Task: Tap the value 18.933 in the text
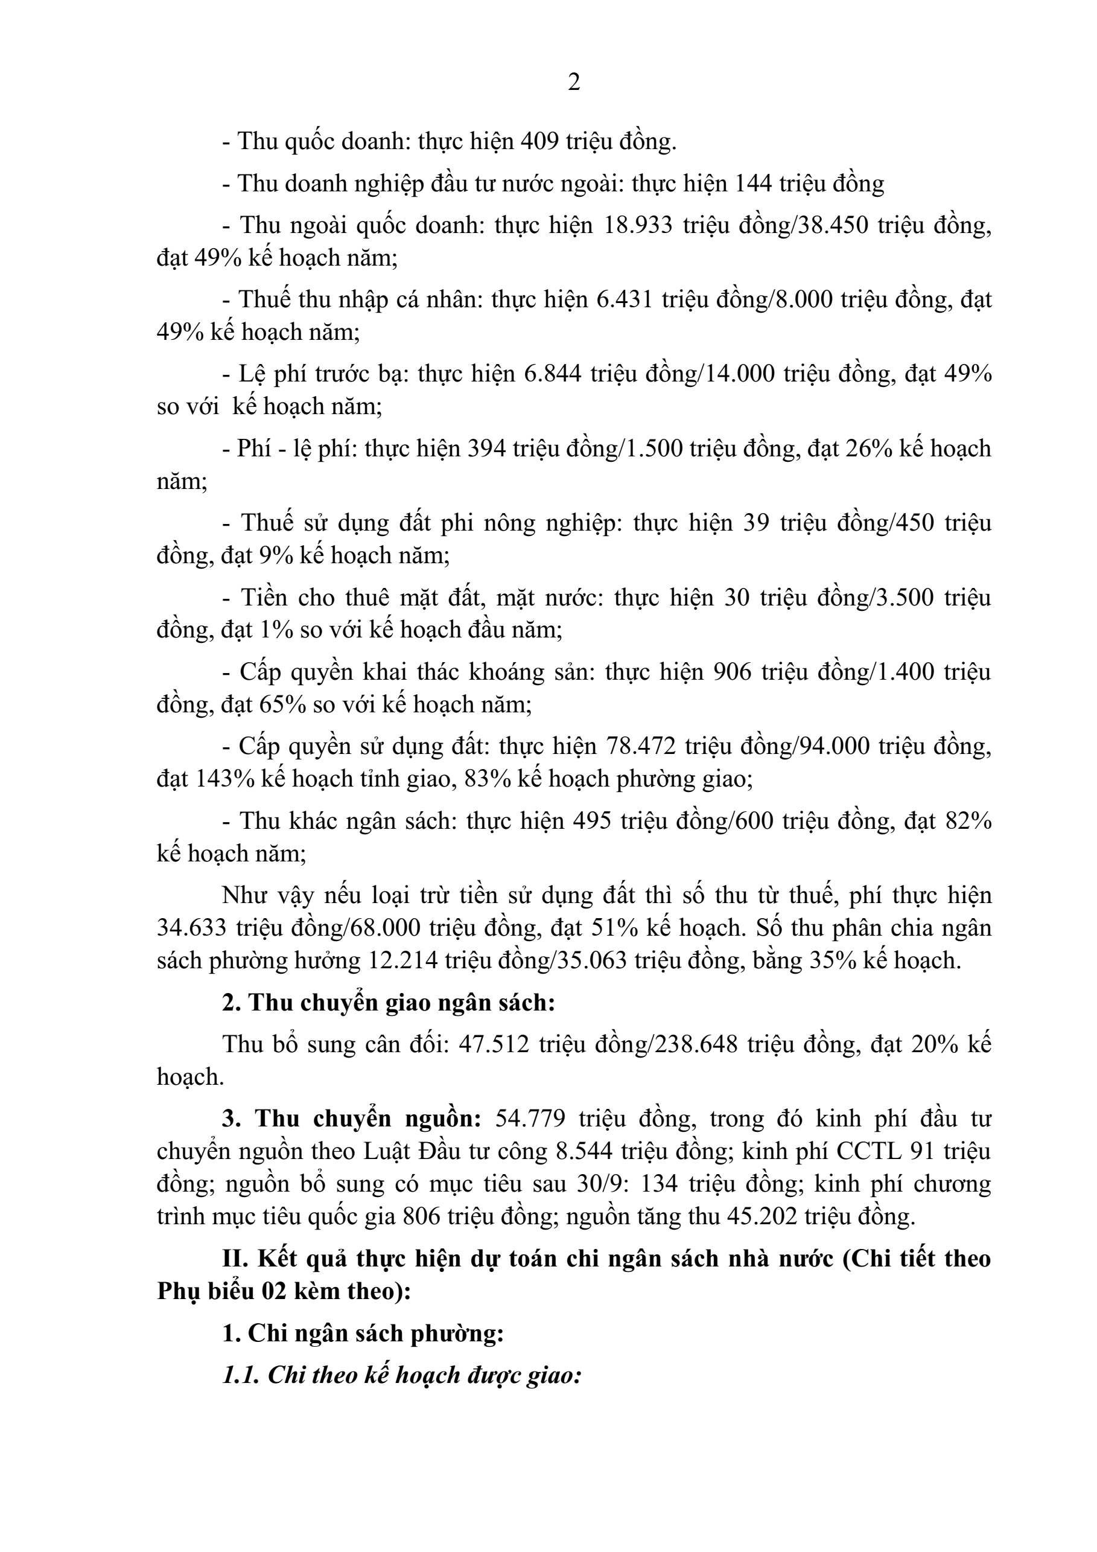pyautogui.click(x=634, y=226)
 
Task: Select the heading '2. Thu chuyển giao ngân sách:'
pyautogui.click(x=389, y=1003)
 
